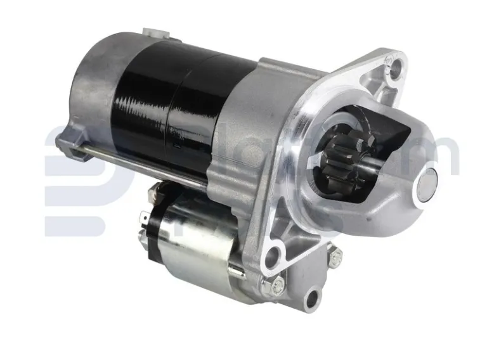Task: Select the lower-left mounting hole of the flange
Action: tap(273, 255)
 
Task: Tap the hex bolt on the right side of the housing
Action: tap(335, 256)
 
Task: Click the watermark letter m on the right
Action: tap(441, 155)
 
